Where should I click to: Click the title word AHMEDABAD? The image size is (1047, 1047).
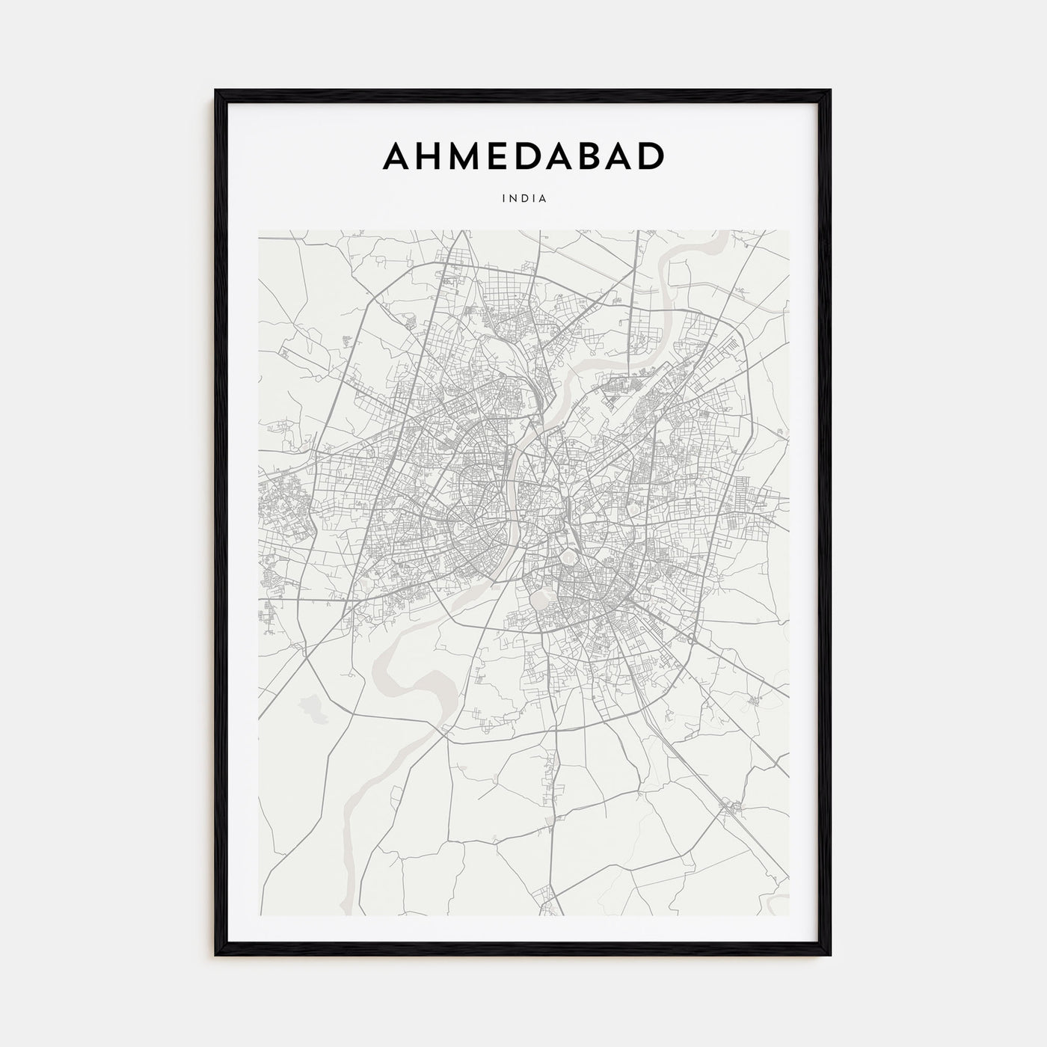point(523,156)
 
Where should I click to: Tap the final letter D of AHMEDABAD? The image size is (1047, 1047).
point(651,156)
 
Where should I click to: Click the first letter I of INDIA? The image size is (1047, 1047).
point(505,199)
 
